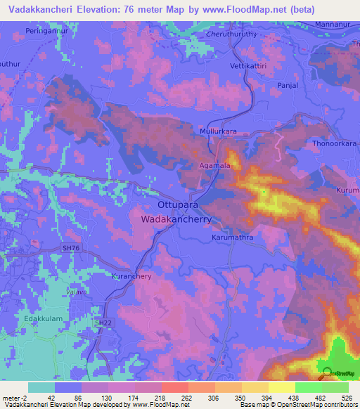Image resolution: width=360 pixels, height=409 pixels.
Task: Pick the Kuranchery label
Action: click(x=132, y=277)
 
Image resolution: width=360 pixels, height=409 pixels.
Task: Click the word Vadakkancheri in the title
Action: click(x=46, y=10)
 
